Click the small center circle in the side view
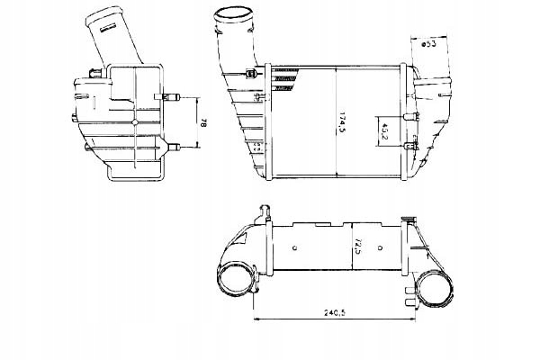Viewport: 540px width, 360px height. (x=133, y=121)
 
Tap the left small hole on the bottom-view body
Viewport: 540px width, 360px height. (x=296, y=243)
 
